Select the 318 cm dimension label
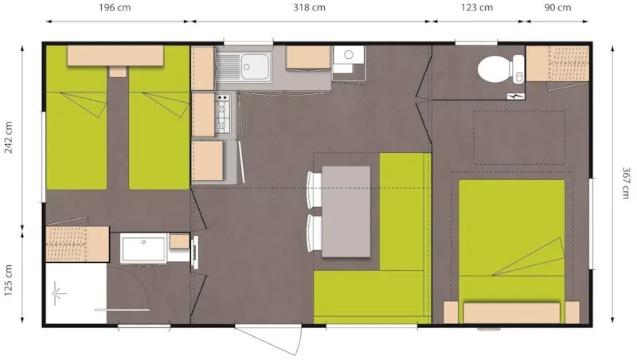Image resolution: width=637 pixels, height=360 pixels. [309, 8]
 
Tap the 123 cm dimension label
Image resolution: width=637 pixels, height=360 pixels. [477, 8]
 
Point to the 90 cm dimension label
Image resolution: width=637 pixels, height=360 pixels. [558, 8]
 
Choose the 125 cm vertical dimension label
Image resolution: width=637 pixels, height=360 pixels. [10, 280]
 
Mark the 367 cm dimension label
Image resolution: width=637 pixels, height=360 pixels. [626, 184]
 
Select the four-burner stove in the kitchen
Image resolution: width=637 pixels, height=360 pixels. [223, 115]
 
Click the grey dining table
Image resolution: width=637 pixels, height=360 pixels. [346, 211]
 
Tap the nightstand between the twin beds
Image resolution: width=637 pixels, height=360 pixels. [118, 72]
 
